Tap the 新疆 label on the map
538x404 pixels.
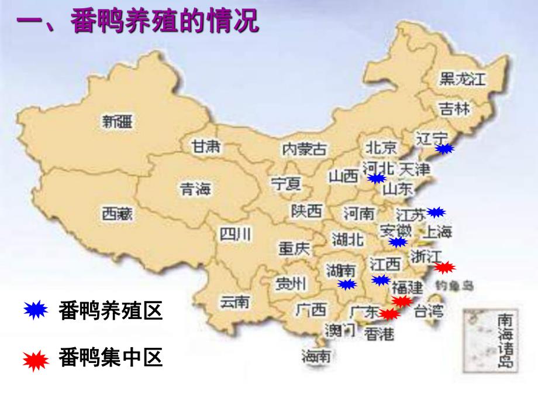click(x=117, y=122)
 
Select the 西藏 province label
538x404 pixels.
click(x=117, y=214)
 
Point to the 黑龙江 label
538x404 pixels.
click(x=463, y=80)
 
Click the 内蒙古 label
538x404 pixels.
click(x=304, y=149)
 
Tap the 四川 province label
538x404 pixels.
click(x=235, y=234)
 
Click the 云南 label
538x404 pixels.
click(x=234, y=302)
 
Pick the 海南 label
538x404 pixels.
click(x=316, y=355)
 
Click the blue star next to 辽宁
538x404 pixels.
click(x=444, y=149)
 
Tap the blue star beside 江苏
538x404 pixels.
click(x=436, y=212)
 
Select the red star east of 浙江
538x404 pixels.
click(x=445, y=268)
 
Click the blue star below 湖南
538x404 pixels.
click(x=347, y=285)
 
